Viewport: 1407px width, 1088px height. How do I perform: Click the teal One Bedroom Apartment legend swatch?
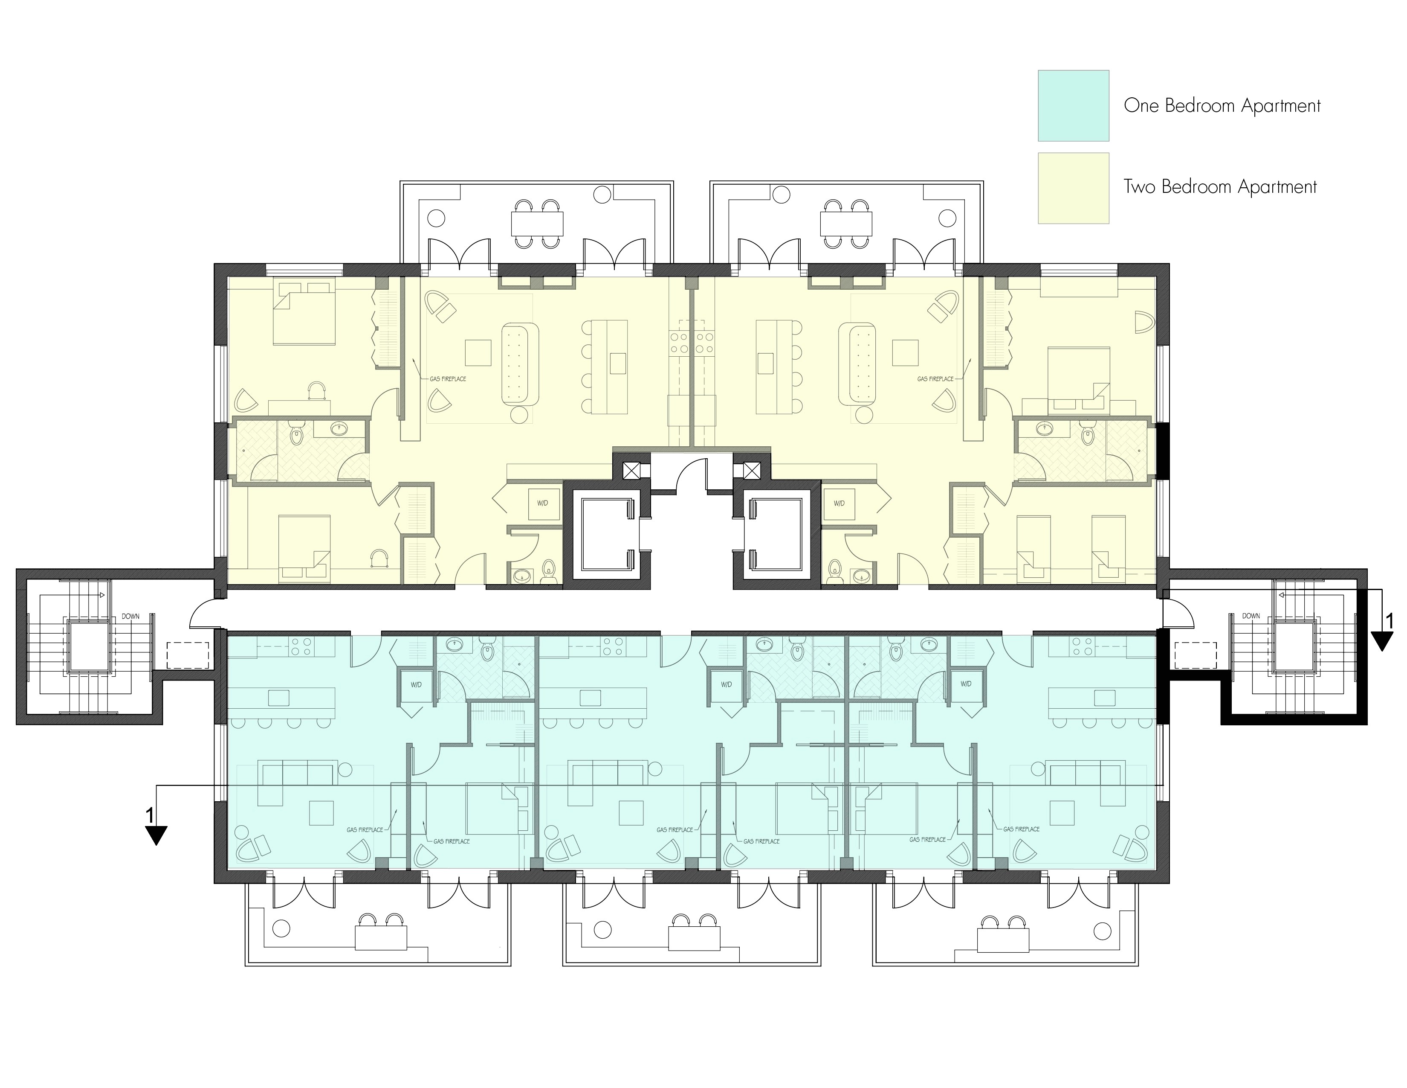click(x=1073, y=106)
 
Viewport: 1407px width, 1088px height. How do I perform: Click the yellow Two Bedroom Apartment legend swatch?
click(x=1073, y=188)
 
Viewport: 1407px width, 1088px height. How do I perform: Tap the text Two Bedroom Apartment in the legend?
click(x=1220, y=187)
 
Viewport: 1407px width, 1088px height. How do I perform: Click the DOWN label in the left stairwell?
click(x=131, y=616)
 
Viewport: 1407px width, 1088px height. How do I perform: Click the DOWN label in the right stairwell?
click(x=1251, y=616)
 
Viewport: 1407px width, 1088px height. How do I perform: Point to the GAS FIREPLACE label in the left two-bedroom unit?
click(x=448, y=379)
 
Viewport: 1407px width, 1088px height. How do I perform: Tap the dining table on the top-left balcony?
click(x=537, y=224)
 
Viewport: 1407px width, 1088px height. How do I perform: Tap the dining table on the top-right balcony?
click(x=846, y=224)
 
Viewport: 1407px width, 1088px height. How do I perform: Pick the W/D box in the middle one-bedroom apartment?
click(x=726, y=684)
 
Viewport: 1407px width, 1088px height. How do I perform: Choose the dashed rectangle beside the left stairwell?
click(x=188, y=656)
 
